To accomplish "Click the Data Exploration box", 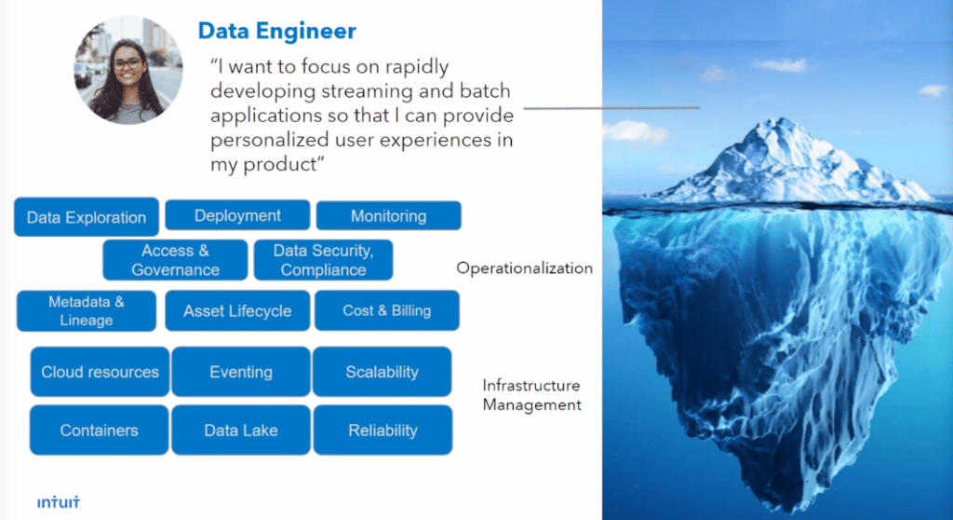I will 87,217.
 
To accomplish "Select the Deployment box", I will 237,215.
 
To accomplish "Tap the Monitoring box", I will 388,215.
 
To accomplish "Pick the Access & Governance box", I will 175,260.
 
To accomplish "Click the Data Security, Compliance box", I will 323,260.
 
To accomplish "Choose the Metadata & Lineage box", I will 87,311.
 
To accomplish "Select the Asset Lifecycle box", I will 237,311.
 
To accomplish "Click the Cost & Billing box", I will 387,310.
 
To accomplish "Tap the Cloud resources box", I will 100,372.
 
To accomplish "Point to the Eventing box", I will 241,372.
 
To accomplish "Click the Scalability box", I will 382,372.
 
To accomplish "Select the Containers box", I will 99,430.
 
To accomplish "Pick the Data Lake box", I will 241,430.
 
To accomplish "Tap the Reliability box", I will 383,430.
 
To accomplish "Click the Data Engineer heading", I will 276,31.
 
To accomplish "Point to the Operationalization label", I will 524,267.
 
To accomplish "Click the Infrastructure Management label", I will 531,395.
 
